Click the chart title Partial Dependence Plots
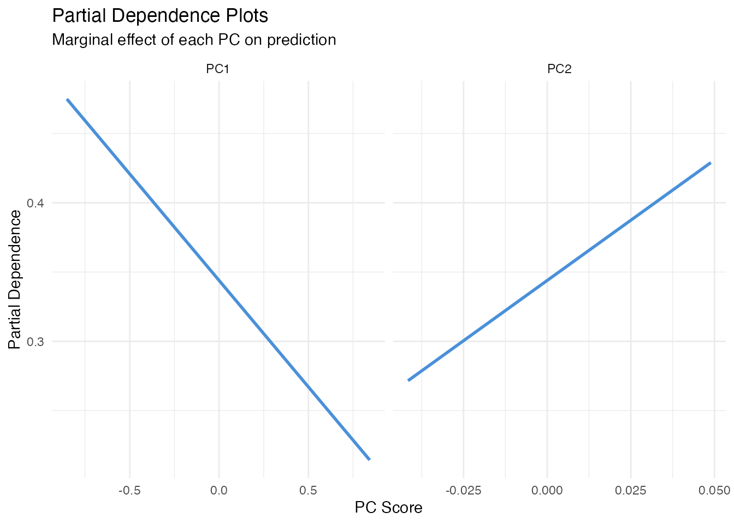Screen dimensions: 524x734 coord(160,16)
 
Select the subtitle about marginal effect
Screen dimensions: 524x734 coord(194,40)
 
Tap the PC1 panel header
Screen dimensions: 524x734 coord(217,69)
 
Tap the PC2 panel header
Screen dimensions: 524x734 coord(559,69)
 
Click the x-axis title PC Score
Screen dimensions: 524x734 coord(388,508)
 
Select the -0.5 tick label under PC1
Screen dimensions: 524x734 coord(129,491)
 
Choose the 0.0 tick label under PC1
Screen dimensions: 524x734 coord(219,491)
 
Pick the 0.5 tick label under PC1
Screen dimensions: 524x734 coord(309,491)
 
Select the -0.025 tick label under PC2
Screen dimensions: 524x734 coord(463,491)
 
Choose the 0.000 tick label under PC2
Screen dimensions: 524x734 coord(547,491)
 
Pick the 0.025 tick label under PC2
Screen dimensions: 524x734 coord(631,491)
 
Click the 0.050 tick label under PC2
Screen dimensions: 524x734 coord(714,491)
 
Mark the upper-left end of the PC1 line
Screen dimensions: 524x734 coord(67,99)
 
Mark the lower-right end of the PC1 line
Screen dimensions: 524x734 coord(370,459)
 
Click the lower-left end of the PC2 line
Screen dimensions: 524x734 coord(409,380)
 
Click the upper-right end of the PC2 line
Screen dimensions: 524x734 coord(711,163)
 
